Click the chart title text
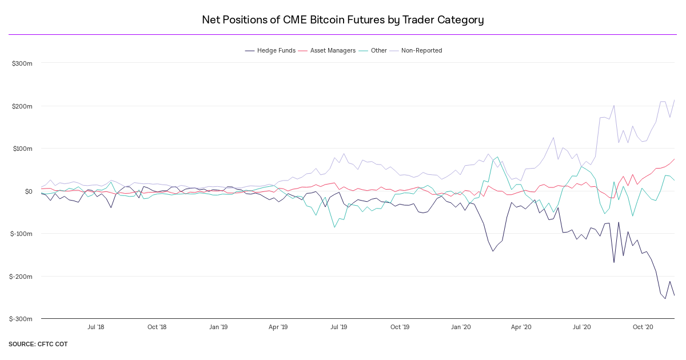click(x=343, y=20)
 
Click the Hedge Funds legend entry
click(x=270, y=50)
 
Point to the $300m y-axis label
click(x=22, y=63)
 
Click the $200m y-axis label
click(x=22, y=106)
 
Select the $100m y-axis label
click(x=22, y=149)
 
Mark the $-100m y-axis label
click(x=21, y=234)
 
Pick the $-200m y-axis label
click(x=21, y=277)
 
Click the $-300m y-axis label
click(x=21, y=319)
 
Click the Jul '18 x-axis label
click(x=95, y=327)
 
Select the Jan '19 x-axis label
click(x=218, y=327)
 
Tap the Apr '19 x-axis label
click(x=278, y=327)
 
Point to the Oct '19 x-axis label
click(x=400, y=327)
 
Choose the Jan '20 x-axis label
click(x=461, y=327)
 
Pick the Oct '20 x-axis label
click(x=643, y=327)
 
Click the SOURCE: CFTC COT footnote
click(x=38, y=345)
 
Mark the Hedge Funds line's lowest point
click(x=665, y=299)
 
